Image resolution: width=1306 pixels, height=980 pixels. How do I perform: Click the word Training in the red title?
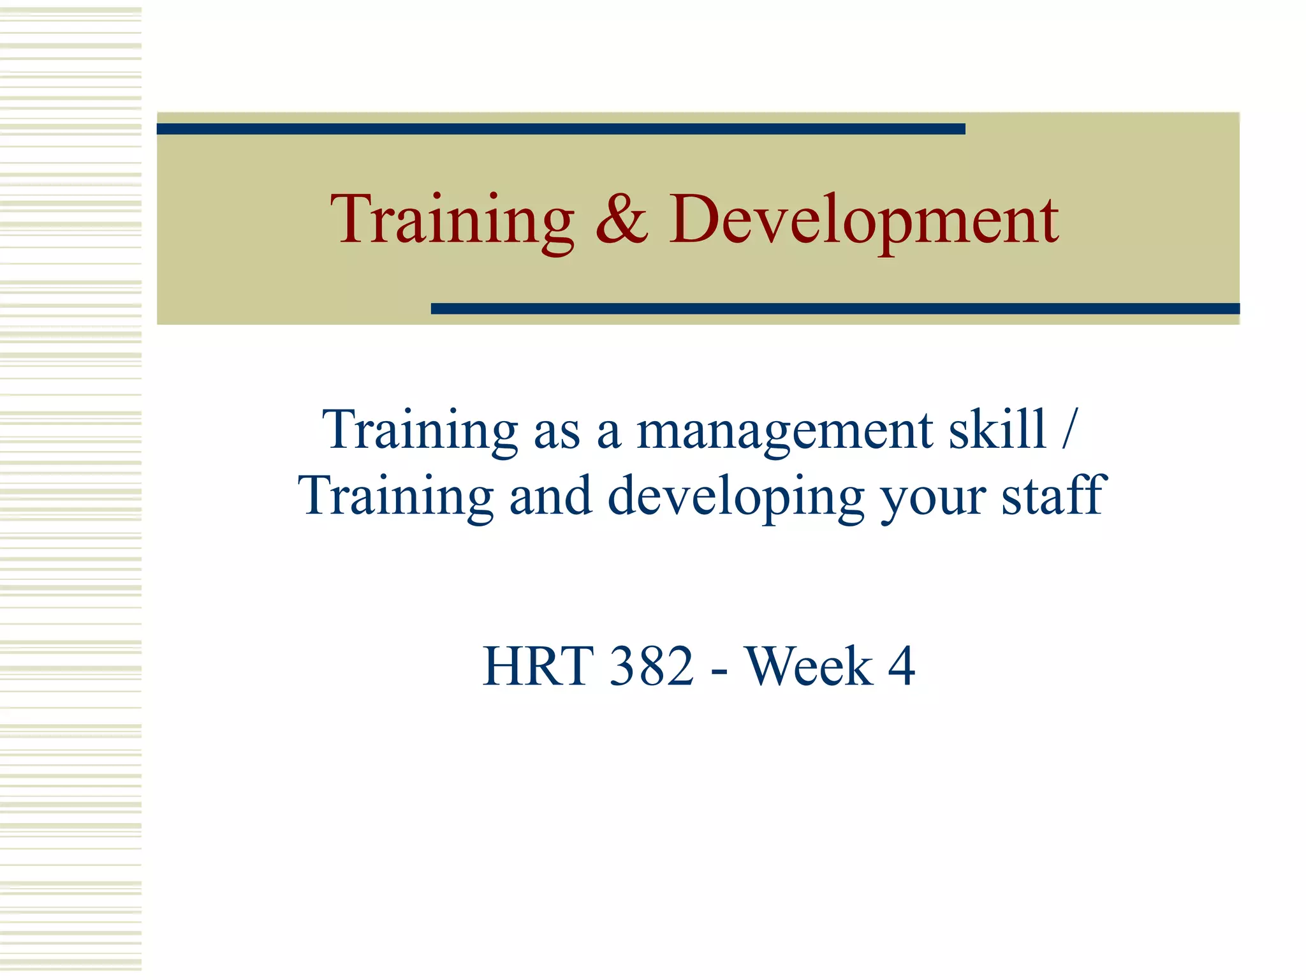click(x=451, y=220)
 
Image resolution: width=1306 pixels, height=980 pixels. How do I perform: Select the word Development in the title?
click(x=863, y=220)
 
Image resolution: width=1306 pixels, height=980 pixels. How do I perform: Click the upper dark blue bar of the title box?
click(x=561, y=129)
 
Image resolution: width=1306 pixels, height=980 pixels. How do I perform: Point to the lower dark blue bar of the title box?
click(x=835, y=309)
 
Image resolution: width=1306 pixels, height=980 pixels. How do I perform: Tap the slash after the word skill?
click(x=1069, y=429)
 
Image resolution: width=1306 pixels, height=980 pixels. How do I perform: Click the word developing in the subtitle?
click(x=735, y=497)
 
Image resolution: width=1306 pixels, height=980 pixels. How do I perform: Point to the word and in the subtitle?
click(x=550, y=496)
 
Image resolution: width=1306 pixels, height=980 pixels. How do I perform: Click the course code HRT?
click(x=538, y=666)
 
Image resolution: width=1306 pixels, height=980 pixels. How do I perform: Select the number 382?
click(x=651, y=666)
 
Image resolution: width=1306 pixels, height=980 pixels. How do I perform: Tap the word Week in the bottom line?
click(x=809, y=666)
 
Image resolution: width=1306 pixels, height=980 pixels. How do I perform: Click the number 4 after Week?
click(x=901, y=666)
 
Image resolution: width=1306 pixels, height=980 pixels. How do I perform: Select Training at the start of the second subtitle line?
click(x=395, y=497)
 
